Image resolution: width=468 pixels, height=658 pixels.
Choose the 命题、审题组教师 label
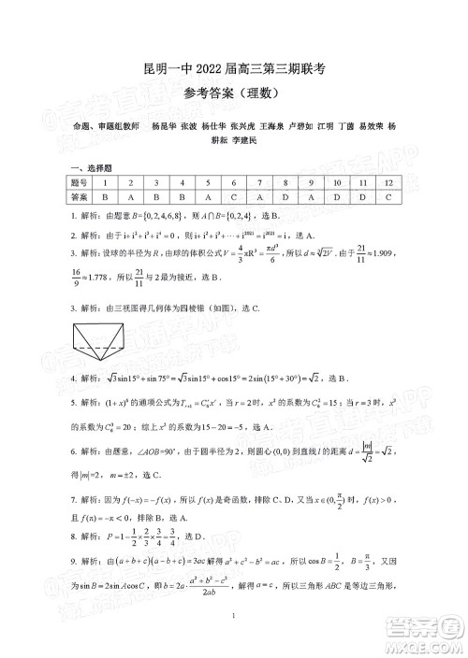(x=98, y=125)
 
